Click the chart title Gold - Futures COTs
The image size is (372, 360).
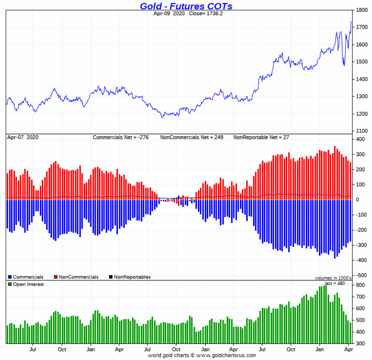pyautogui.click(x=186, y=6)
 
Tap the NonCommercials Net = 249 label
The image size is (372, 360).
pyautogui.click(x=192, y=137)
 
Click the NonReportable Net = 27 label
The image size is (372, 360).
pyautogui.click(x=261, y=137)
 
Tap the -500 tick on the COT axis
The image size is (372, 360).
pyautogui.click(x=361, y=275)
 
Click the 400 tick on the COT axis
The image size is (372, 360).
pyautogui.click(x=361, y=139)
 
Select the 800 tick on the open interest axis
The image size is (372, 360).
pyautogui.click(x=361, y=286)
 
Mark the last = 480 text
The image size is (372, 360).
pyautogui.click(x=335, y=283)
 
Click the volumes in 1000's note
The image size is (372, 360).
pyautogui.click(x=333, y=278)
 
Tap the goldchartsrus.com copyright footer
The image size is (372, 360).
pyautogui.click(x=202, y=355)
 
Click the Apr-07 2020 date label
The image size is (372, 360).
pyautogui.click(x=23, y=137)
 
